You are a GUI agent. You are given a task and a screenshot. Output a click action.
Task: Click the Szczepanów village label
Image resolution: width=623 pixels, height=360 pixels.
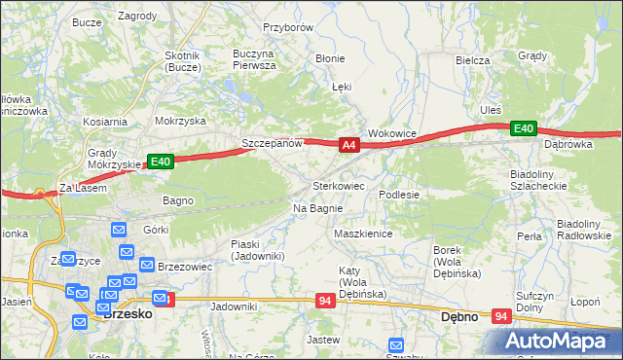coord(273,143)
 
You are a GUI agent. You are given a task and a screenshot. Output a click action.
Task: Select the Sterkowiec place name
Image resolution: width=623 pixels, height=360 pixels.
coord(338,185)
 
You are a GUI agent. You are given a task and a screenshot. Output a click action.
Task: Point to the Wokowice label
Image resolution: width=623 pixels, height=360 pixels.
coord(392,133)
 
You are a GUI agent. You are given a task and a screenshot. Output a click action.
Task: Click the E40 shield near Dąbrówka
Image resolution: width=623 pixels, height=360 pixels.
coord(524,128)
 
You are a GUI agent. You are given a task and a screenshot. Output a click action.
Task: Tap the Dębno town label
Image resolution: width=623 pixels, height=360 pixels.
coord(459,316)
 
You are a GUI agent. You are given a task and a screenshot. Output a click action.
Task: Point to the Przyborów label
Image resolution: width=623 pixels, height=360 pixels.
coord(288,27)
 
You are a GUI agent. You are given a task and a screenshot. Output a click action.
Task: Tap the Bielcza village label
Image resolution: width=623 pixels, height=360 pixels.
coord(472,59)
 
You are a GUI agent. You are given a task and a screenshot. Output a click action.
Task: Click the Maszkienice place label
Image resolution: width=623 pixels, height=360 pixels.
coord(362,234)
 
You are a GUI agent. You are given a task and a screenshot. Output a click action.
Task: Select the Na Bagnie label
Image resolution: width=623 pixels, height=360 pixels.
coord(317,208)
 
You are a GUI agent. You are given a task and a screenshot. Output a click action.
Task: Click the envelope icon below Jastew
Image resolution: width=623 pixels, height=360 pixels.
coord(396,345)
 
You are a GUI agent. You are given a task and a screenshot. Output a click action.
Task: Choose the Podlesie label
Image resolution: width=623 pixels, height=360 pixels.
coord(399,195)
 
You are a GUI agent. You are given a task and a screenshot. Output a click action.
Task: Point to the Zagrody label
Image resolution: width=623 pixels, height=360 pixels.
coord(137,17)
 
